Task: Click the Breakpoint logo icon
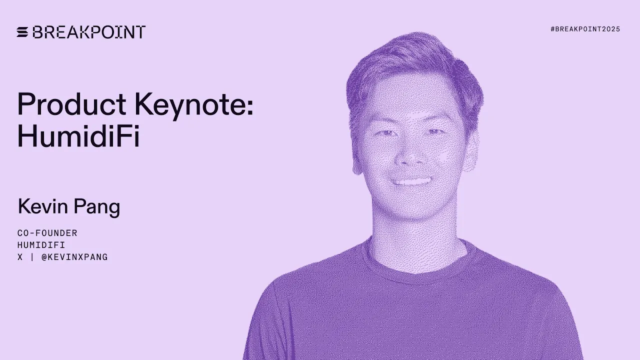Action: point(23,32)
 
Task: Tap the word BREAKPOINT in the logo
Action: point(89,32)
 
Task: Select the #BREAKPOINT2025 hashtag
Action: point(585,29)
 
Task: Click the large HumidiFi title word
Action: point(78,135)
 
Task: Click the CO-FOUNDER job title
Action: point(47,233)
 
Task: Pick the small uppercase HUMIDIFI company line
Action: point(41,245)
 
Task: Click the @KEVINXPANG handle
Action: point(74,257)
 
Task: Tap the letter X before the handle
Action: point(20,257)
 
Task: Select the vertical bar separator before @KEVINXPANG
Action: point(32,257)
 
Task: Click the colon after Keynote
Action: point(249,106)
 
